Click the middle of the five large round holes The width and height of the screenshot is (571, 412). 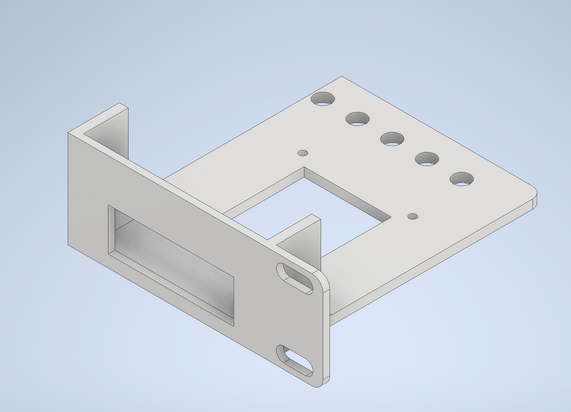393,138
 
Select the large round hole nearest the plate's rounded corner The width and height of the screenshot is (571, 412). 462,179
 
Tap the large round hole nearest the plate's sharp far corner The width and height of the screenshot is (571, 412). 323,99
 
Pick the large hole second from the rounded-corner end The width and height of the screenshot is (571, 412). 427,159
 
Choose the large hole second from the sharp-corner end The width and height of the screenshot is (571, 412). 358,119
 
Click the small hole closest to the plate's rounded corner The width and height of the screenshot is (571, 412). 413,216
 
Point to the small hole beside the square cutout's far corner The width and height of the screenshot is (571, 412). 303,153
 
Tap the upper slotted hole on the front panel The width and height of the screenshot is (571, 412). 296,278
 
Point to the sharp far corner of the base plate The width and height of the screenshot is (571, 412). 341,77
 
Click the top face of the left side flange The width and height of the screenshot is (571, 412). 106,120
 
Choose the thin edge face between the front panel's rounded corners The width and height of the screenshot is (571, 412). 326,333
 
